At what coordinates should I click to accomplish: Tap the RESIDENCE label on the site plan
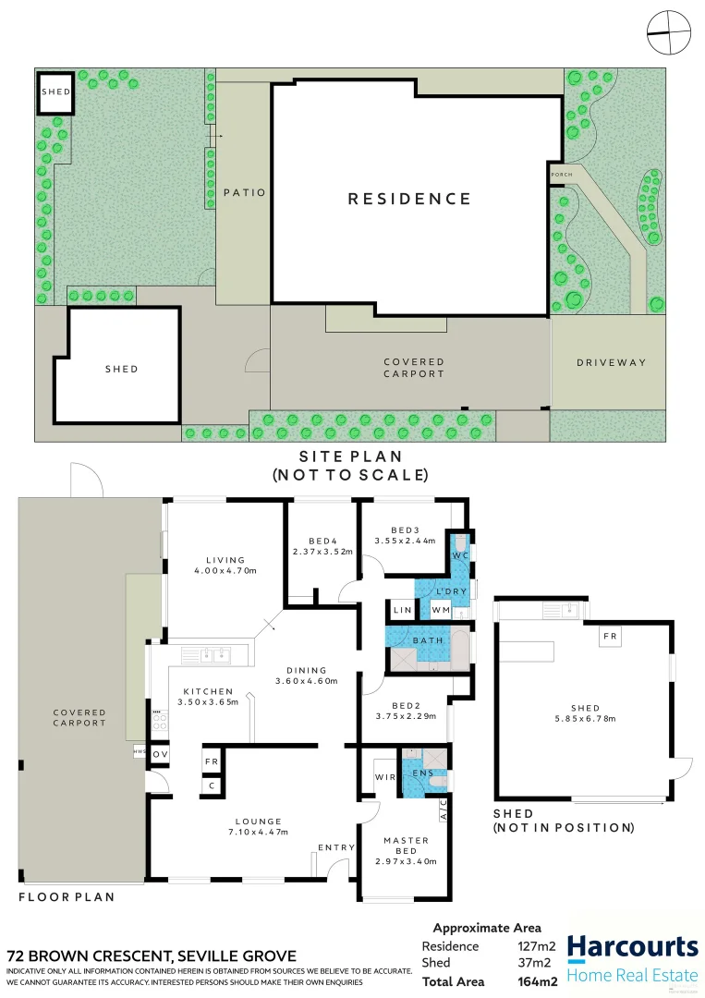click(409, 199)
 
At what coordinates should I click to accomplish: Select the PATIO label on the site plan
click(244, 193)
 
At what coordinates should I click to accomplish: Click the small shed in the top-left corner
click(55, 93)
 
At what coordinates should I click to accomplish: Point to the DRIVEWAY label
click(612, 362)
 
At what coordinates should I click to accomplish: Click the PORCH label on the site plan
click(561, 175)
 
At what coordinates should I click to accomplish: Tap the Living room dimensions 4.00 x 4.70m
click(225, 570)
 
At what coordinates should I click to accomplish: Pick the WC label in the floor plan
click(460, 555)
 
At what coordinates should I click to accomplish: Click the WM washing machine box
click(440, 610)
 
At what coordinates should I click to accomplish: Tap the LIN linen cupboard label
click(402, 610)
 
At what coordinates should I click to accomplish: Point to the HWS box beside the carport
click(140, 752)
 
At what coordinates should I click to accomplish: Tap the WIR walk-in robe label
click(384, 777)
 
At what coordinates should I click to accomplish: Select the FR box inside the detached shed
click(609, 637)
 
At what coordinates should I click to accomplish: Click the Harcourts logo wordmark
click(632, 947)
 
